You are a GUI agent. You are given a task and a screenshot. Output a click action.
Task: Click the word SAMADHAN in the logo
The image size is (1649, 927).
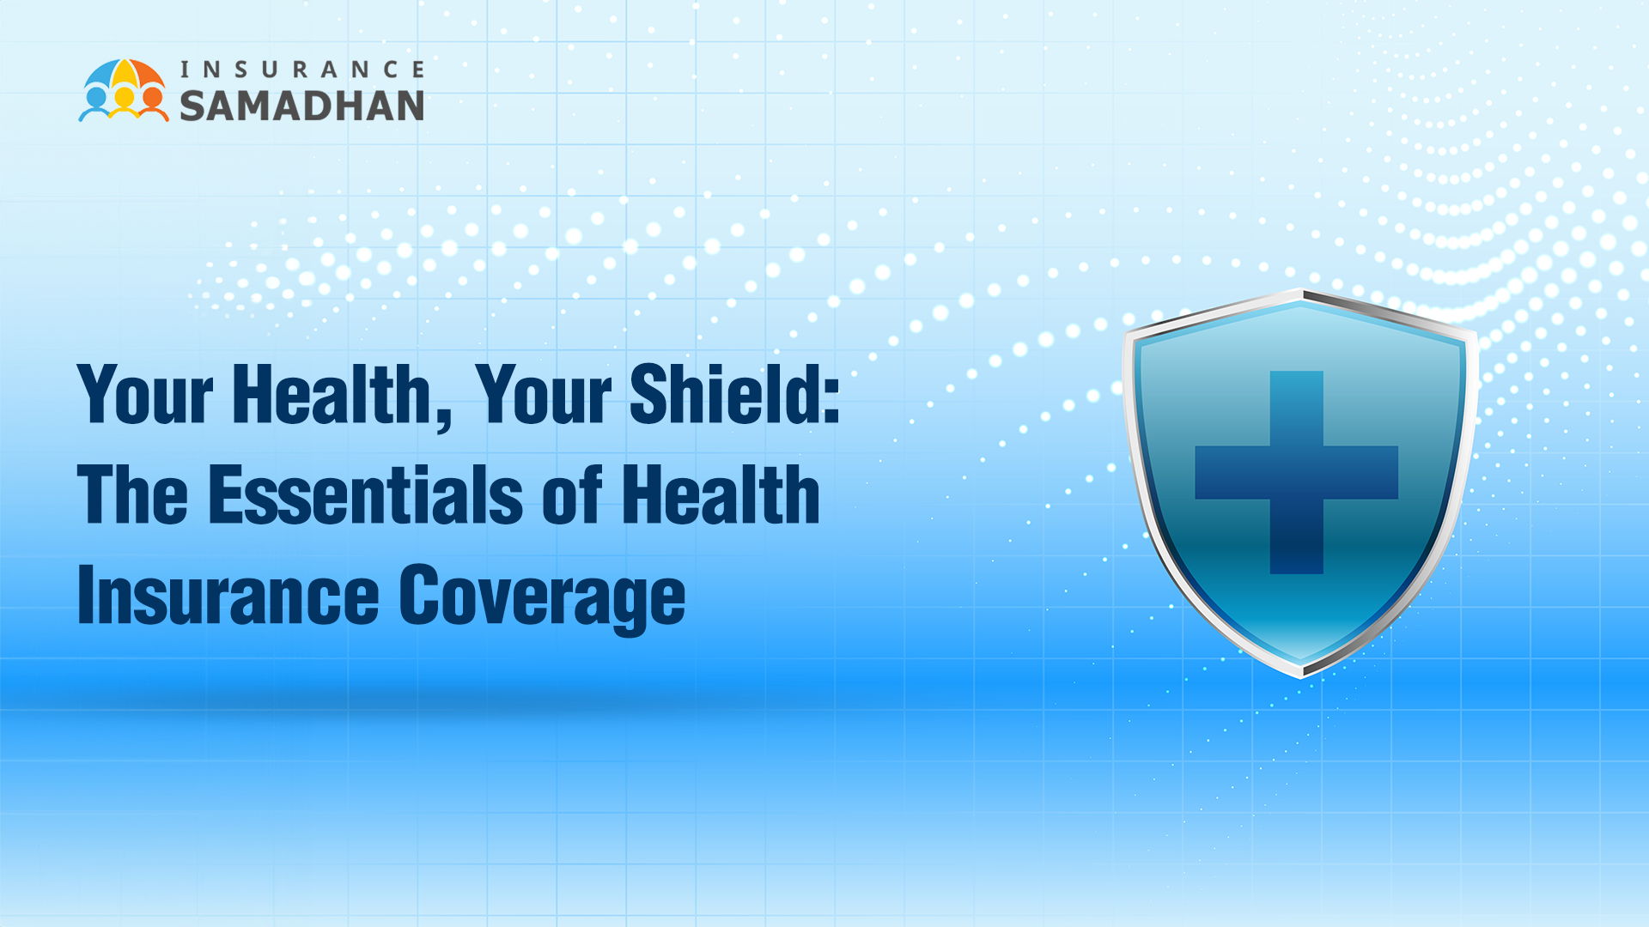click(301, 106)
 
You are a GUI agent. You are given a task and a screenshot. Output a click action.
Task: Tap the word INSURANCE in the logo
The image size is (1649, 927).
click(302, 69)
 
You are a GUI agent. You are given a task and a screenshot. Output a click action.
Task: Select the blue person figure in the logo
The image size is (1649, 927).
click(96, 105)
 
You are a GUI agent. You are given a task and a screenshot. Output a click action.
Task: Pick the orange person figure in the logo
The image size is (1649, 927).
click(153, 105)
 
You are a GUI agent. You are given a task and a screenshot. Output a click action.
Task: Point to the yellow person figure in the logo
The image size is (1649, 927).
click(125, 103)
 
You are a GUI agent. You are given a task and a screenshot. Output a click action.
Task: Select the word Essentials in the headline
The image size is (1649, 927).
click(366, 494)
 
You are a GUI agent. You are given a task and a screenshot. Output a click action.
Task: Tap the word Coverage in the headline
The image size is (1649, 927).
click(542, 597)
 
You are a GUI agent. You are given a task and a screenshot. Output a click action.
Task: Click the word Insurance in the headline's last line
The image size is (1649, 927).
click(228, 596)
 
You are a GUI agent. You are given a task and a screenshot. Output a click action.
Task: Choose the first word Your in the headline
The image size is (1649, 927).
click(145, 394)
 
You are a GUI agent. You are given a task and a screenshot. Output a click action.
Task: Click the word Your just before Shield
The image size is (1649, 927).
click(543, 394)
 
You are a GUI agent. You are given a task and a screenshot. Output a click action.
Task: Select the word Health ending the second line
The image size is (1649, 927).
click(721, 494)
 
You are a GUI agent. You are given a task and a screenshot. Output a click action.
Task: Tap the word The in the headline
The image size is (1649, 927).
click(132, 494)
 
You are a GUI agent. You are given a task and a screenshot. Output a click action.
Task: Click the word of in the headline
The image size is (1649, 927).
click(572, 494)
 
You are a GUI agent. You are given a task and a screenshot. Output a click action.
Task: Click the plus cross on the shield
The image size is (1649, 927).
click(1296, 472)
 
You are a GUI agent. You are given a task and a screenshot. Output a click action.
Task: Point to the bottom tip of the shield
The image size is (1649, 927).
click(1302, 677)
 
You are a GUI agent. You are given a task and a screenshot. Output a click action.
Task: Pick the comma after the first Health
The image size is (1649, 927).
click(442, 420)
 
